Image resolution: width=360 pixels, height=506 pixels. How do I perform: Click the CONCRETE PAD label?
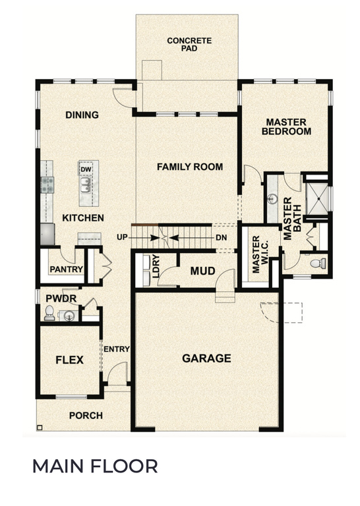click(189, 45)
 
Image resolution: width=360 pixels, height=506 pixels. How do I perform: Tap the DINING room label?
click(82, 115)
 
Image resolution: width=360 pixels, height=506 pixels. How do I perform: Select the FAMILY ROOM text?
click(189, 167)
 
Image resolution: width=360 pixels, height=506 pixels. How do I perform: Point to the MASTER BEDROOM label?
click(286, 126)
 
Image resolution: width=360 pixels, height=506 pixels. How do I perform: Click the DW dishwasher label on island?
click(85, 169)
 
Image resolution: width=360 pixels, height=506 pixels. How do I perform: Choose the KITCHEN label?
click(82, 217)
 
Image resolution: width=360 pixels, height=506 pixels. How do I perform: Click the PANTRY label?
click(66, 269)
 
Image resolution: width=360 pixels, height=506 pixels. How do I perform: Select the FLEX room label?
click(69, 360)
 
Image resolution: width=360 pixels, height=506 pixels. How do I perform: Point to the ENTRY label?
click(117, 349)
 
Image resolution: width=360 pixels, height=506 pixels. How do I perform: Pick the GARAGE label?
click(206, 358)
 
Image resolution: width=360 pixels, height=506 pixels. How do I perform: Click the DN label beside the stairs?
click(222, 237)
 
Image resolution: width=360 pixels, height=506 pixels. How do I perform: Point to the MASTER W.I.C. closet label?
click(258, 254)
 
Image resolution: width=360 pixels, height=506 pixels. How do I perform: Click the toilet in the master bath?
click(317, 264)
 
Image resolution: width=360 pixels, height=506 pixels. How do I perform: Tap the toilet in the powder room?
click(49, 314)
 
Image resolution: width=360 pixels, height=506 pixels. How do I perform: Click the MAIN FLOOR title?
click(95, 466)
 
